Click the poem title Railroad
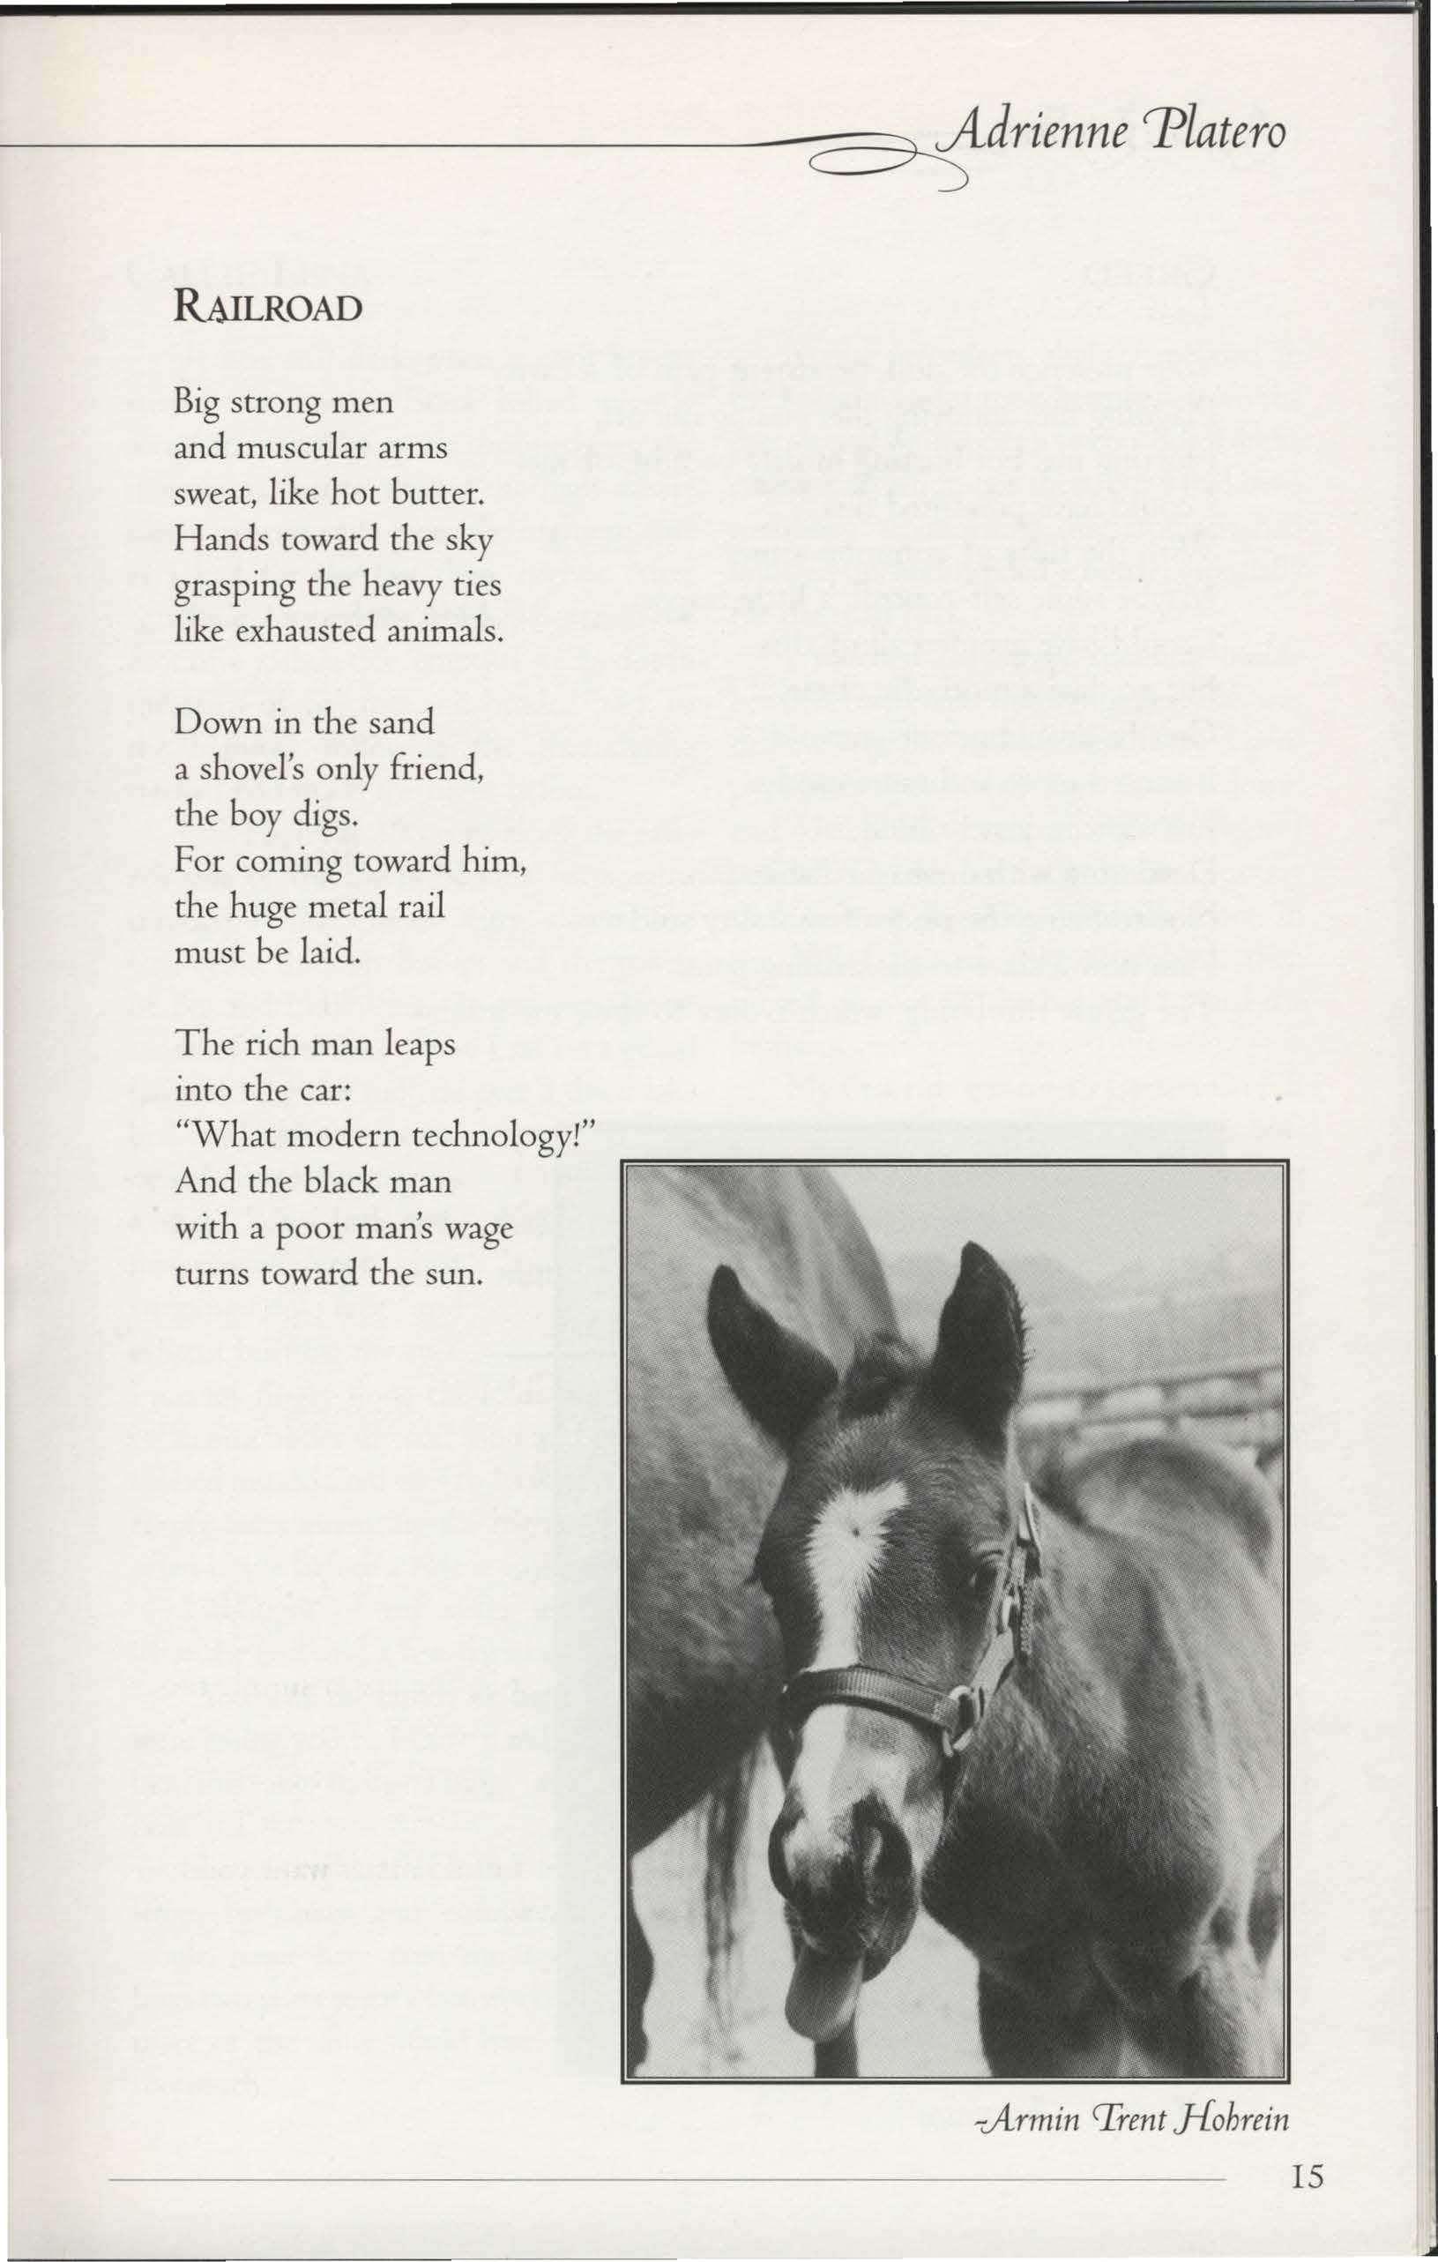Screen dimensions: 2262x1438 click(x=268, y=308)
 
